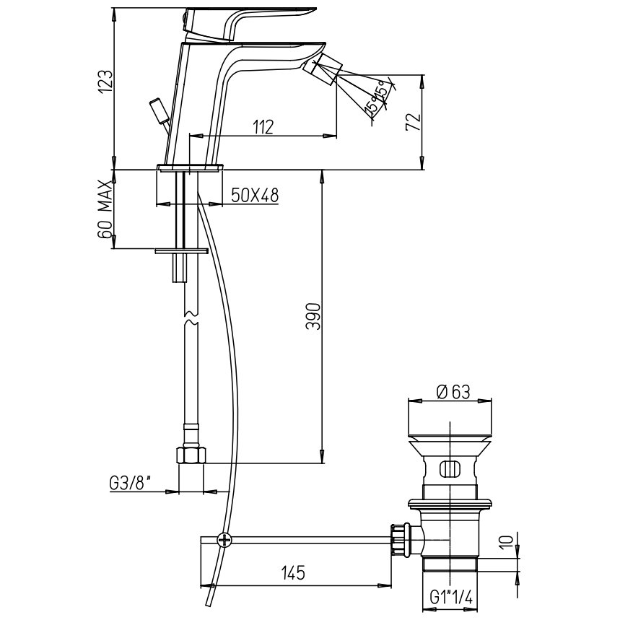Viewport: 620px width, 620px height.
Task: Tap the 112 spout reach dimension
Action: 263,127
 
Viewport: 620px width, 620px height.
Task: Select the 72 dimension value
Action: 412,122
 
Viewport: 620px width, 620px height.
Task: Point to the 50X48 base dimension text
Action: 255,196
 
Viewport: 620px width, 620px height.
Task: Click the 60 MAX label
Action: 105,209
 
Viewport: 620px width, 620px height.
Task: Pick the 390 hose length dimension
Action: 313,316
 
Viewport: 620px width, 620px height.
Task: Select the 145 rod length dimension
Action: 293,572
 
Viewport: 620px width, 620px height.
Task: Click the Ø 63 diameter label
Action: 453,392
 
